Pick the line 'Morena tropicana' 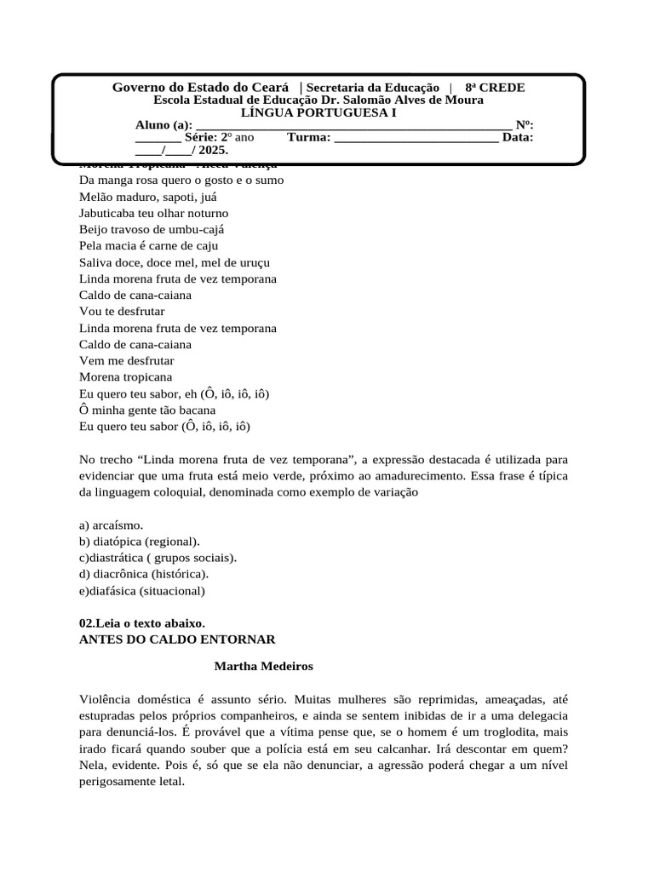tap(125, 377)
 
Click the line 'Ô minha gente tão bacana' tap(146, 410)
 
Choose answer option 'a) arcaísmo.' tap(111, 525)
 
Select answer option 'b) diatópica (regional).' tap(140, 542)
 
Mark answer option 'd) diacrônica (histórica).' tap(144, 574)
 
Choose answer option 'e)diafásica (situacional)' tap(141, 591)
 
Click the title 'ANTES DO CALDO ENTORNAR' tap(176, 640)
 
